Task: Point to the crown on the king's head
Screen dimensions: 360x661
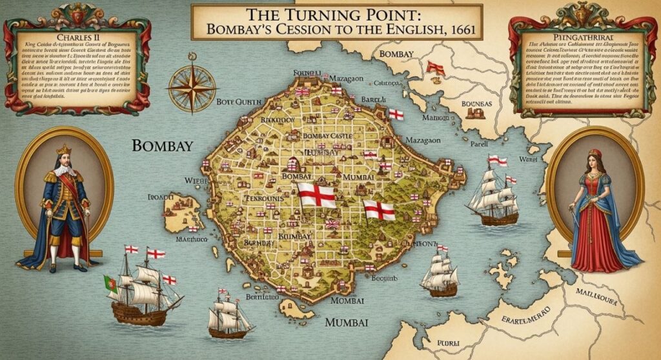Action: (x=64, y=149)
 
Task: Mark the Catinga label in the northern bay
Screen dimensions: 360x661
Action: (x=369, y=82)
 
